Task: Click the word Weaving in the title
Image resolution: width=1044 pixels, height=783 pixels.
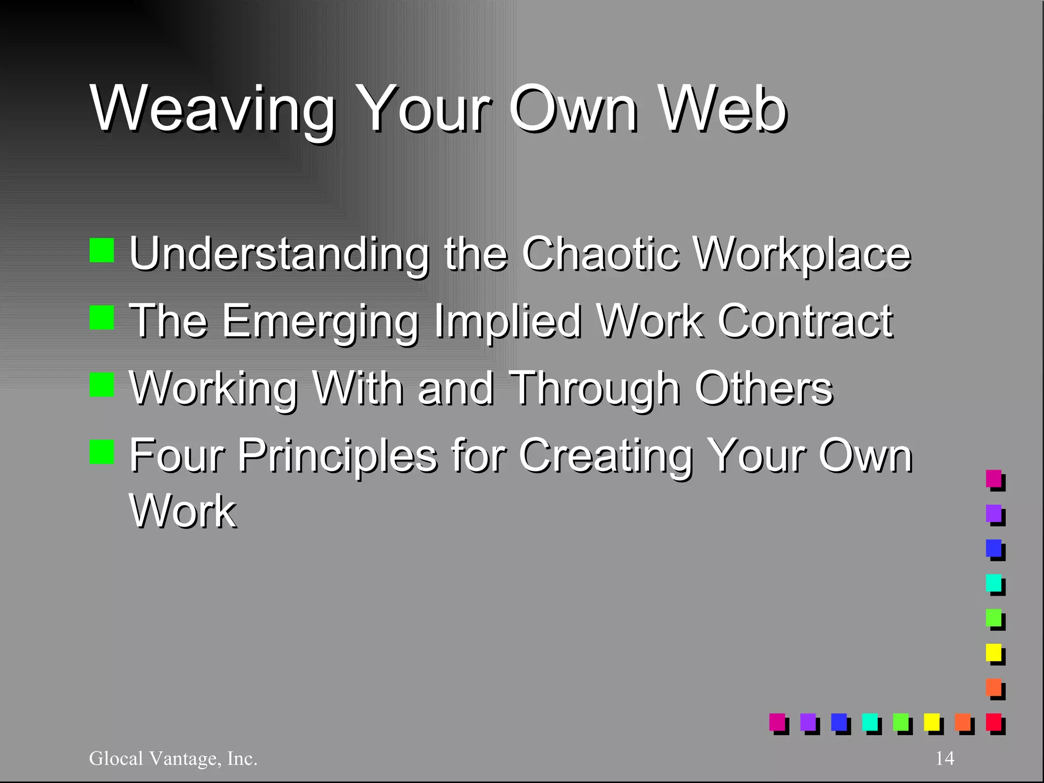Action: click(213, 110)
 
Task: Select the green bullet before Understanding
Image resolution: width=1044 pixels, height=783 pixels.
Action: click(101, 250)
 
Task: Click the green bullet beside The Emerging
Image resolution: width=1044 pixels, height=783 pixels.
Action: click(101, 318)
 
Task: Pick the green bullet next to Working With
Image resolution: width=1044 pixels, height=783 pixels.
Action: click(101, 385)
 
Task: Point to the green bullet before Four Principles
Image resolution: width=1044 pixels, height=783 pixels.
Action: click(101, 452)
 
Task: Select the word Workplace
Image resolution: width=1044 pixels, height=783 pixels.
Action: click(802, 254)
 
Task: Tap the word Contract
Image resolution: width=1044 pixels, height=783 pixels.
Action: click(805, 321)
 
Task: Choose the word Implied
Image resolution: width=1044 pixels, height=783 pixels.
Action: click(507, 322)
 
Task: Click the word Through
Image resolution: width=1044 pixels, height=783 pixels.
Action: click(595, 389)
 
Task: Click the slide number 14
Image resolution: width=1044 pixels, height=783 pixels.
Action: click(945, 759)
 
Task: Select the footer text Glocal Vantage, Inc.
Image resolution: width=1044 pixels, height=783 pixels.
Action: click(173, 759)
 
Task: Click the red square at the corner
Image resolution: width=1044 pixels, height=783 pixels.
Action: click(994, 722)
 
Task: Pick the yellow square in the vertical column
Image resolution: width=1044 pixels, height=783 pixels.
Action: click(994, 652)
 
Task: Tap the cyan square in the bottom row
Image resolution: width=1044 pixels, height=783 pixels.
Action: click(870, 722)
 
